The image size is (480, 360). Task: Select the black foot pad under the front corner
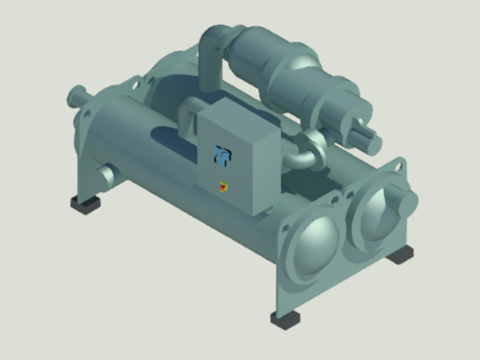tap(286, 319)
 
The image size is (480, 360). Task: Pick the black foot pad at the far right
tap(400, 254)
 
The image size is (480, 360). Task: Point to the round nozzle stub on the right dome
tap(404, 201)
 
